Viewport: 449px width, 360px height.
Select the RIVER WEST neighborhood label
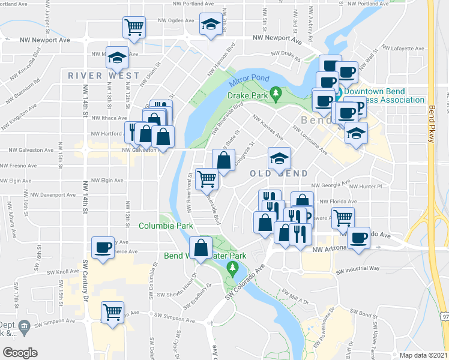pyautogui.click(x=104, y=76)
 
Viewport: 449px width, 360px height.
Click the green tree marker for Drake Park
pyautogui.click(x=276, y=94)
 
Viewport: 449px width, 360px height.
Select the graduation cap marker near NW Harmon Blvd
pyautogui.click(x=210, y=24)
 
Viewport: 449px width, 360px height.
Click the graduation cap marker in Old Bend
pyautogui.click(x=279, y=158)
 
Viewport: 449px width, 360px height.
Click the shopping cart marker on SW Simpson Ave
pyautogui.click(x=113, y=312)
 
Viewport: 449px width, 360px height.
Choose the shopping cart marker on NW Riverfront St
pyautogui.click(x=207, y=178)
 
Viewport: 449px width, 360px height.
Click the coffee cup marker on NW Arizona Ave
pyautogui.click(x=359, y=238)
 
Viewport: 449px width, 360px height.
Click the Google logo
pyautogui.click(x=20, y=352)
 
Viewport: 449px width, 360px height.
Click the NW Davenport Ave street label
pyautogui.click(x=54, y=195)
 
